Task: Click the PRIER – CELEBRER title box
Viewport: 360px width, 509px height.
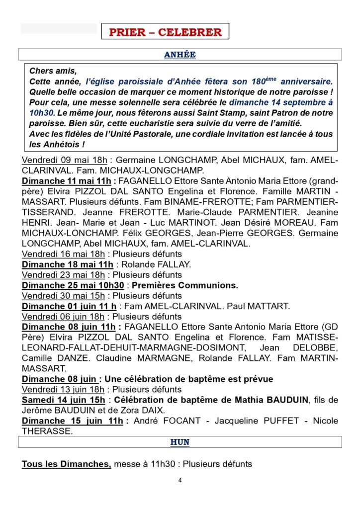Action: (x=165, y=32)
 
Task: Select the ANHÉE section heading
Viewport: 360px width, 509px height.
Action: (x=180, y=55)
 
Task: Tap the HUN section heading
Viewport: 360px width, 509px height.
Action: (x=180, y=442)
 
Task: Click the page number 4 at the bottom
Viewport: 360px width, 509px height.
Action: (x=180, y=481)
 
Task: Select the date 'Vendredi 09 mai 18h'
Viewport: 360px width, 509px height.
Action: (x=65, y=160)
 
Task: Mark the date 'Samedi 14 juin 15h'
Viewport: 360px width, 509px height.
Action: (x=64, y=400)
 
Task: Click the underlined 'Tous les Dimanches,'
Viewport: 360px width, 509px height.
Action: (x=67, y=464)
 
